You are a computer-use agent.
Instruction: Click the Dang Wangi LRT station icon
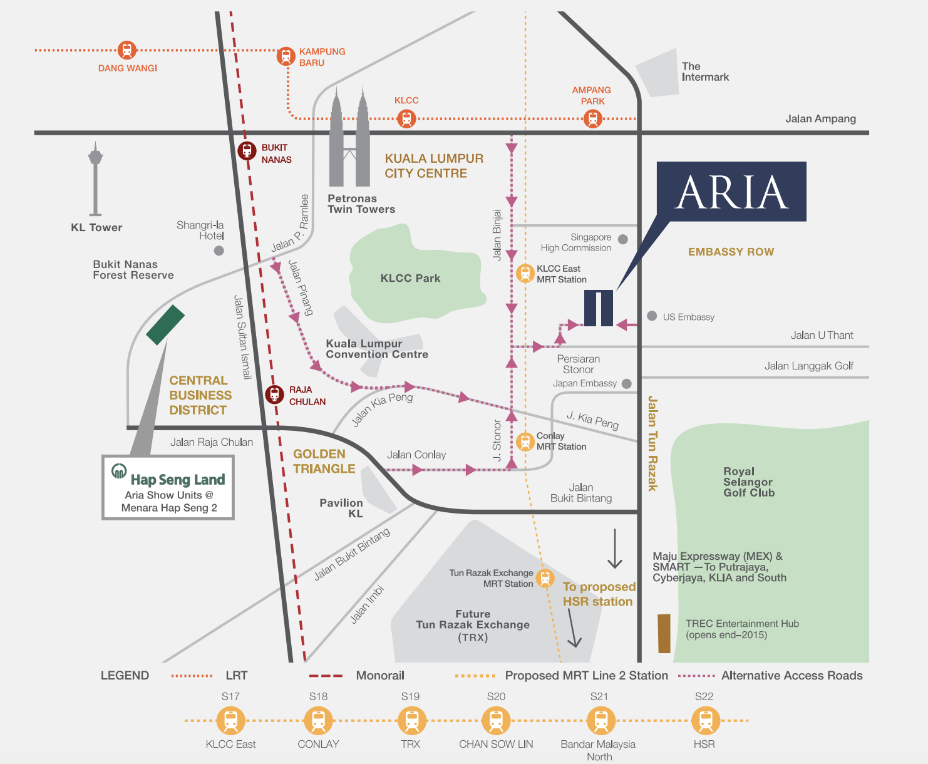(x=126, y=50)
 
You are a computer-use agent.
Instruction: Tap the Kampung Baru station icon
(x=286, y=56)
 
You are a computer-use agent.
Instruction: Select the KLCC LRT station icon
(x=406, y=119)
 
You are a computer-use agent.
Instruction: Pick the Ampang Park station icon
(x=593, y=119)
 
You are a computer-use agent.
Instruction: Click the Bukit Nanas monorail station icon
(x=247, y=150)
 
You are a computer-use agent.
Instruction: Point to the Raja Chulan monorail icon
(x=274, y=394)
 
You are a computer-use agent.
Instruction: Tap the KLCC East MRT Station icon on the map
(x=525, y=273)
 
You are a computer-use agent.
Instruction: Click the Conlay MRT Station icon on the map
(x=525, y=441)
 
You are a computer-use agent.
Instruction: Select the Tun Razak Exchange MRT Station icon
(x=545, y=578)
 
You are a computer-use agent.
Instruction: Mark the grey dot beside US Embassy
(x=652, y=316)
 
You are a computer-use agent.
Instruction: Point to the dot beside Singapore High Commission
(x=623, y=239)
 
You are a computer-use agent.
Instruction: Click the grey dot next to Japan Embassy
(x=627, y=384)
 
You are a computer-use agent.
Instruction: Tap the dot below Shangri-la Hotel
(x=219, y=250)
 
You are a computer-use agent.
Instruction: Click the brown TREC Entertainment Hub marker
(x=664, y=633)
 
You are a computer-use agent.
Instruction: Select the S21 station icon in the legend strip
(x=601, y=721)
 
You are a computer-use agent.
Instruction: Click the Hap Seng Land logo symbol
(x=119, y=471)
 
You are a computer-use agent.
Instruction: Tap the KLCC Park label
(x=410, y=278)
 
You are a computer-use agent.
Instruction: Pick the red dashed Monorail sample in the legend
(x=326, y=676)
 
